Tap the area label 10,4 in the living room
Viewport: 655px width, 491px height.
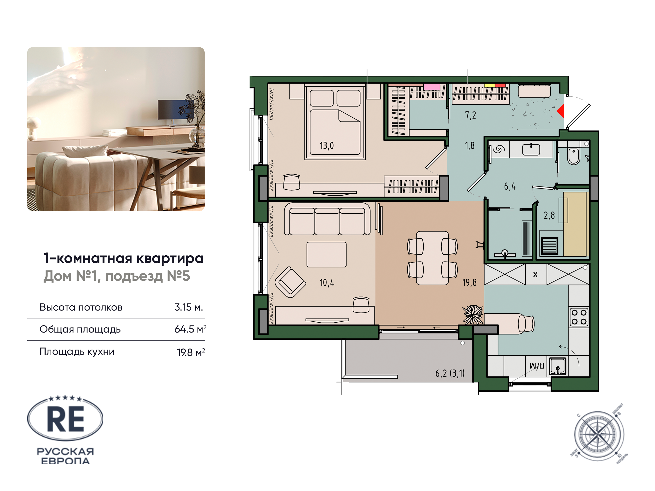point(327,283)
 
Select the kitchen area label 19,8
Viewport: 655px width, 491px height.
point(469,283)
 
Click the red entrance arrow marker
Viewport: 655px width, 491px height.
point(560,111)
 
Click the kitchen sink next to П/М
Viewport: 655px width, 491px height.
point(558,366)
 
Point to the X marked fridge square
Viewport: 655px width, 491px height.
point(535,275)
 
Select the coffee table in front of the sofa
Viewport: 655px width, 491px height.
point(326,255)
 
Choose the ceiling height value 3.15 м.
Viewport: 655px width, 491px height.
point(189,307)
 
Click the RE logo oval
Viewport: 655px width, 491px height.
point(65,418)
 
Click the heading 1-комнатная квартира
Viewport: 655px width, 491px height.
point(123,258)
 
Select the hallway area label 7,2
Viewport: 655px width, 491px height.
point(470,115)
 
